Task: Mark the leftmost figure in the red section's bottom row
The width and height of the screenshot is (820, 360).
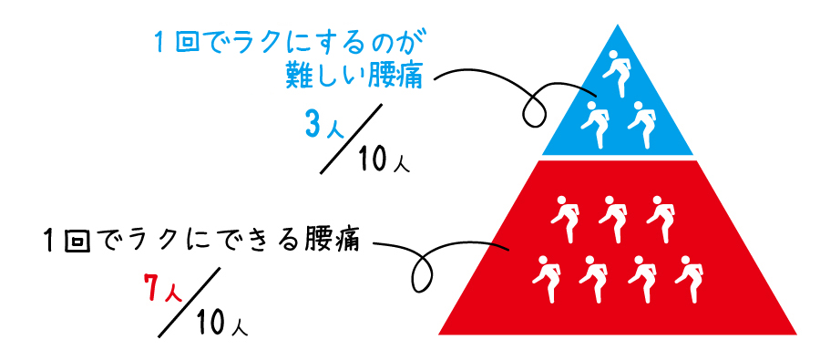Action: (x=546, y=276)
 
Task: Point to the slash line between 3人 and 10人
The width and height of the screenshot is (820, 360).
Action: (x=353, y=138)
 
